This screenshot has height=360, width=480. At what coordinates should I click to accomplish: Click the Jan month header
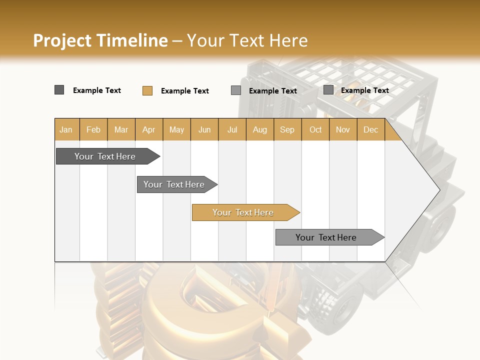point(66,130)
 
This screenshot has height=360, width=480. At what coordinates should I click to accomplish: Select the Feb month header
point(93,130)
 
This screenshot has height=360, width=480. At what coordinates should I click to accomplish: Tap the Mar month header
point(121,130)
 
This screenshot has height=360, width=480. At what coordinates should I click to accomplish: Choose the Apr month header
point(149,130)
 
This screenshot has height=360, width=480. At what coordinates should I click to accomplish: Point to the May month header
point(176,130)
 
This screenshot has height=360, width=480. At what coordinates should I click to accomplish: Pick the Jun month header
point(204,130)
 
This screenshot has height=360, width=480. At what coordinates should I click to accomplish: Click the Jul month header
point(232,130)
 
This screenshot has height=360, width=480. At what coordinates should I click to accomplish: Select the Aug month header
point(260,130)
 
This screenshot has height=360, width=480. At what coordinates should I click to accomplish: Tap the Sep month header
point(287,130)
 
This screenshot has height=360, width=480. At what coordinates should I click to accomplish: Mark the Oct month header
point(315,130)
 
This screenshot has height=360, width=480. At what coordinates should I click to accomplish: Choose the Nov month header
point(343,130)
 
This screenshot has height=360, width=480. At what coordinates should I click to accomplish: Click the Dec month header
point(371,130)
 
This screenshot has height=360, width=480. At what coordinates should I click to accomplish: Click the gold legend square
point(147,90)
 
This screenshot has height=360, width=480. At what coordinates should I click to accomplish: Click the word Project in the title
point(62,40)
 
